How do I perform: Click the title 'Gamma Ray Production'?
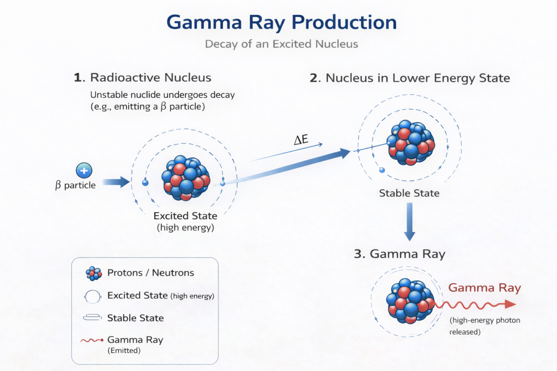(x=281, y=22)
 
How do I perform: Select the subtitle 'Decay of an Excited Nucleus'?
(x=281, y=45)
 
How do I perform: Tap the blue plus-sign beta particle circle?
(x=84, y=171)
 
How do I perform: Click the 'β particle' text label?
(x=75, y=185)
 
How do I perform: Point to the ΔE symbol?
(x=301, y=139)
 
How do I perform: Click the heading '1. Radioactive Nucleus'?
(x=142, y=77)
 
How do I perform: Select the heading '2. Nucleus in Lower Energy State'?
(x=409, y=77)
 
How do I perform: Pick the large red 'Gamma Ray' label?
(x=484, y=288)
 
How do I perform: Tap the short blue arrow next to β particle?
(x=116, y=182)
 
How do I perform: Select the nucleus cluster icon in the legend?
(x=94, y=273)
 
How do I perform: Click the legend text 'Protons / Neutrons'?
(x=150, y=273)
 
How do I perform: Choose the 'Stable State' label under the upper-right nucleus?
(x=409, y=193)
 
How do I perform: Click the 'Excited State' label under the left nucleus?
(x=185, y=216)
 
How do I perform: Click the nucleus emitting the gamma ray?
(x=410, y=301)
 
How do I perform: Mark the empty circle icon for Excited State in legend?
(x=93, y=295)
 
